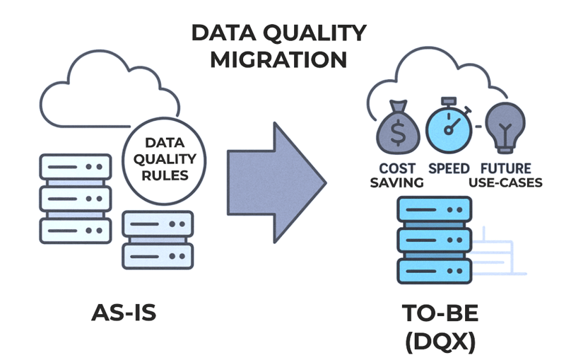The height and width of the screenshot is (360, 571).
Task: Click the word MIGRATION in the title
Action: click(x=278, y=59)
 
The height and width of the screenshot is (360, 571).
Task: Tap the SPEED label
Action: click(x=449, y=169)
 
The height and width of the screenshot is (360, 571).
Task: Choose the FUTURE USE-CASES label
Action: click(x=505, y=175)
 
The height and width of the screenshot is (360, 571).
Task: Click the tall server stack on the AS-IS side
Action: click(x=76, y=199)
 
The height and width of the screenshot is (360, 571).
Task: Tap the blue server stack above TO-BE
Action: click(x=434, y=240)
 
